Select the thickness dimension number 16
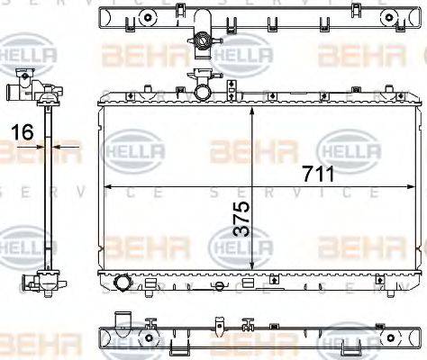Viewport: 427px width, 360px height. coord(23,131)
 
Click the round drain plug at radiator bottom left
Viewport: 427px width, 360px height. coord(123,284)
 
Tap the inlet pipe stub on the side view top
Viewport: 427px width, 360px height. coord(12,92)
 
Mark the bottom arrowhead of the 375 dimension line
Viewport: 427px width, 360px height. coord(253,265)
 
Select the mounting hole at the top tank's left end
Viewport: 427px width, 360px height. coord(105,17)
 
